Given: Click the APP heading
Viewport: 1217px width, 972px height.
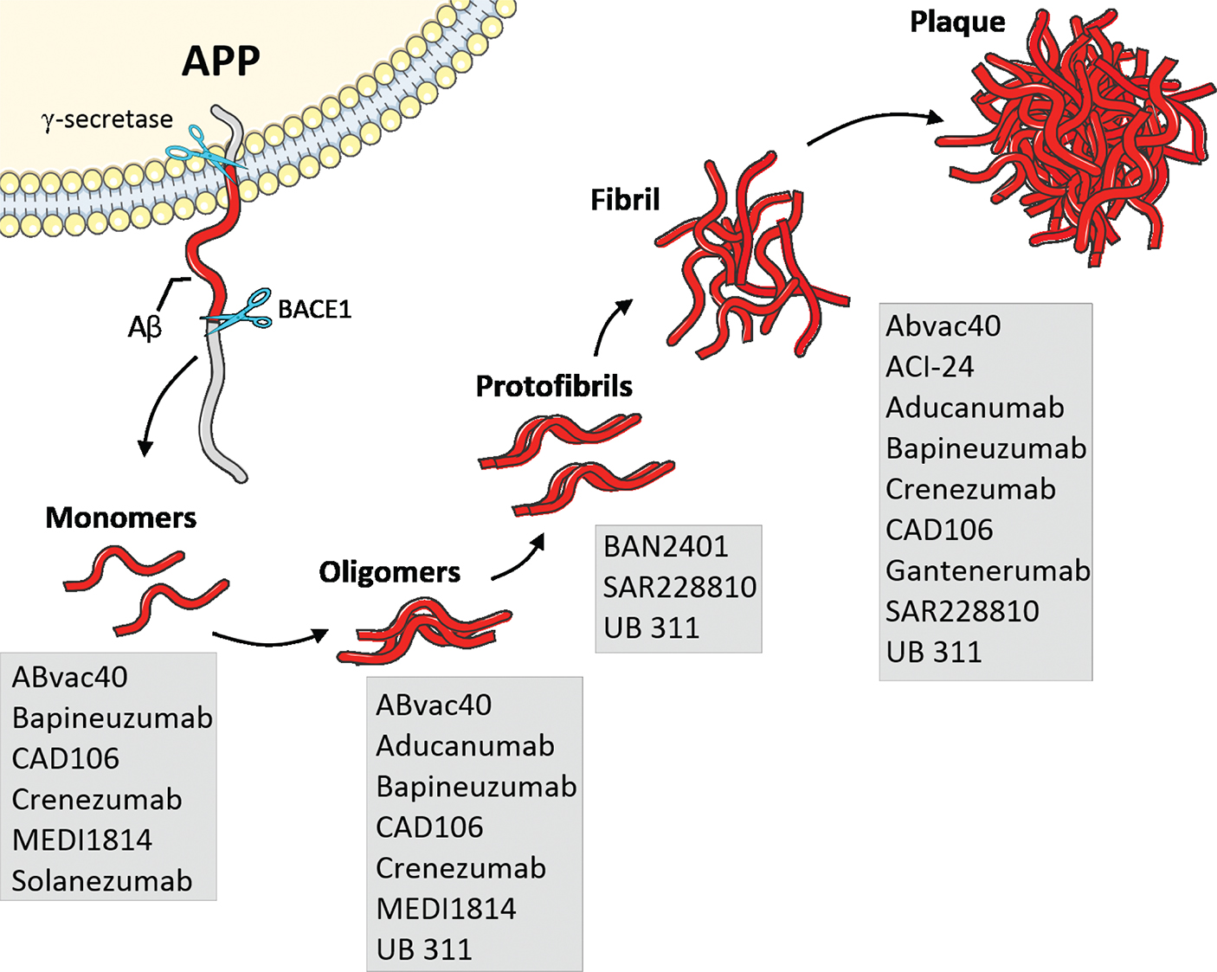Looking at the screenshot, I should click(x=221, y=61).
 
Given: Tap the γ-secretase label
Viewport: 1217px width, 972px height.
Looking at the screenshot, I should click(x=107, y=119).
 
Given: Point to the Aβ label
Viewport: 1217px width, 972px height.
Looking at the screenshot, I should click(x=145, y=327).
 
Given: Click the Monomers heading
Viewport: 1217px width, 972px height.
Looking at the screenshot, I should click(x=120, y=518).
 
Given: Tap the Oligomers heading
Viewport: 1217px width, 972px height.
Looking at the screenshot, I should click(x=390, y=572).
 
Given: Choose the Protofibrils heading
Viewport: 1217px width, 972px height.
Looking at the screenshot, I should click(x=554, y=386).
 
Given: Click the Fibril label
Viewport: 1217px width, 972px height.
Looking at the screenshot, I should click(x=625, y=200).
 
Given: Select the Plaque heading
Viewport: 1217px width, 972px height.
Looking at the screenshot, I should click(x=957, y=23).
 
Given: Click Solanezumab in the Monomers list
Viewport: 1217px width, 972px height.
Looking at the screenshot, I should click(x=102, y=881).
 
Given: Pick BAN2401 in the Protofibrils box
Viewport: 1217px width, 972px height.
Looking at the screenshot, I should click(x=666, y=547).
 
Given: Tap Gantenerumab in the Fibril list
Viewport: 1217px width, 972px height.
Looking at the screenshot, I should click(x=988, y=571).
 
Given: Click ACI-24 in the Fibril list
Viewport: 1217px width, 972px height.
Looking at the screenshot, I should click(x=930, y=367).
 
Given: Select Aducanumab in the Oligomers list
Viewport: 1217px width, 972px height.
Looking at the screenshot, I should click(x=465, y=746).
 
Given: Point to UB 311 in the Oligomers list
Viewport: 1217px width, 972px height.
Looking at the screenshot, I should click(x=424, y=949).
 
